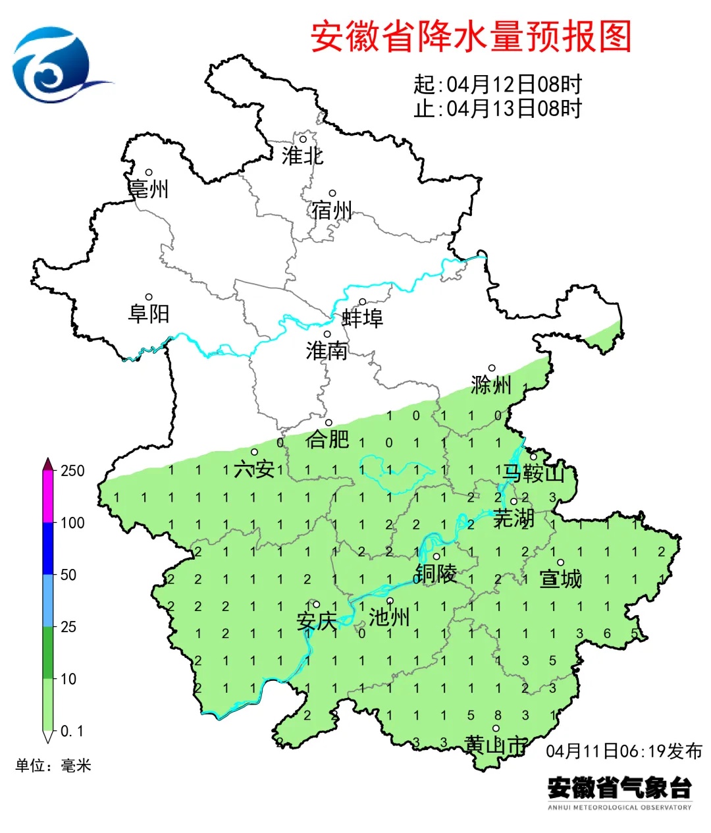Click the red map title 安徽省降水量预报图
[x=471, y=36]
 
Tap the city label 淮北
[x=302, y=156]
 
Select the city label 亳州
[x=149, y=190]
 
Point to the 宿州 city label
[x=332, y=211]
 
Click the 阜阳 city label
[x=149, y=313]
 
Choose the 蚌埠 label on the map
[x=362, y=319]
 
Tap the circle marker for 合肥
[x=329, y=423]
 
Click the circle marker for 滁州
[x=492, y=368]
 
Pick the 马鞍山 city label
[x=534, y=473]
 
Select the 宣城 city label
[x=561, y=579]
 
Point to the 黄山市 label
[x=496, y=745]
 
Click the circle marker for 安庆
[x=317, y=604]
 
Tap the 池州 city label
[x=389, y=617]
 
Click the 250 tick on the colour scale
[x=72, y=471]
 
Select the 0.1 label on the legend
[x=72, y=731]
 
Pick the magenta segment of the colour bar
[x=48, y=497]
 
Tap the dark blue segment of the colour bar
[x=48, y=549]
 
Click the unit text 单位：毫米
[x=53, y=765]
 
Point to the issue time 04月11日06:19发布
[x=624, y=751]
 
